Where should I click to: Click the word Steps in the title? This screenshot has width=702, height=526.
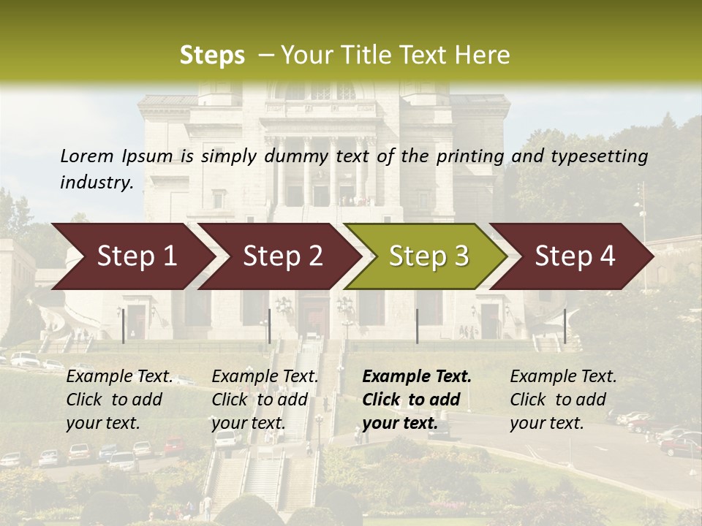pyautogui.click(x=212, y=56)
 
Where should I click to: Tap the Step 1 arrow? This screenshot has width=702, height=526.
pyautogui.click(x=132, y=256)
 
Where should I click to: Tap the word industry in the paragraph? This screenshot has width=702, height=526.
pyautogui.click(x=96, y=183)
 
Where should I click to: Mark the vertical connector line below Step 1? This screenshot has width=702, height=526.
pyautogui.click(x=124, y=326)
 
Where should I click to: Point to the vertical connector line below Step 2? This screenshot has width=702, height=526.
pyautogui.click(x=270, y=326)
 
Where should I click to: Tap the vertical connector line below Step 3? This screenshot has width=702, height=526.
pyautogui.click(x=417, y=326)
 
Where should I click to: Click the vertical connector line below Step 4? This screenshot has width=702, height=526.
pyautogui.click(x=565, y=326)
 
